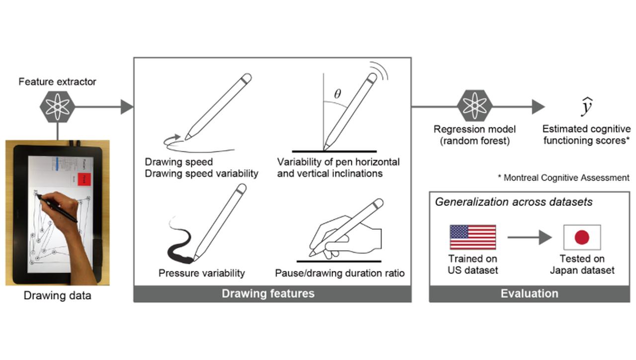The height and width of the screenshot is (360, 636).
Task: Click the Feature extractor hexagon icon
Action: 57,106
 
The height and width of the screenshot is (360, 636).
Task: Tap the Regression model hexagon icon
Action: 475,106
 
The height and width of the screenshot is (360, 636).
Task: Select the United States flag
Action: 473,237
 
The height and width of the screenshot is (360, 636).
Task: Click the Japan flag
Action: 582,237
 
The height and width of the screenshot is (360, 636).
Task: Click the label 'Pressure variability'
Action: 202,273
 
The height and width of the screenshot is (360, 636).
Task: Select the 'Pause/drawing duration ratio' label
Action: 340,273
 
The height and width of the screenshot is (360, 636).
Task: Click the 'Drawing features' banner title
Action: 268,293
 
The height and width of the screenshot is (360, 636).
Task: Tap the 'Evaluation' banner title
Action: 529,293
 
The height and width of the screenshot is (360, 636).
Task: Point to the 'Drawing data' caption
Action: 58,296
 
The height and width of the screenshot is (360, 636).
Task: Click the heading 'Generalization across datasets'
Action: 514,202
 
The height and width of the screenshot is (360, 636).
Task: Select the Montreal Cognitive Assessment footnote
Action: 563,178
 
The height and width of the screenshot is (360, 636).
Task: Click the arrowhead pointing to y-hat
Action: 538,106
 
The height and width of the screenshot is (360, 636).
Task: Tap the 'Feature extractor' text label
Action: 57,82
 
